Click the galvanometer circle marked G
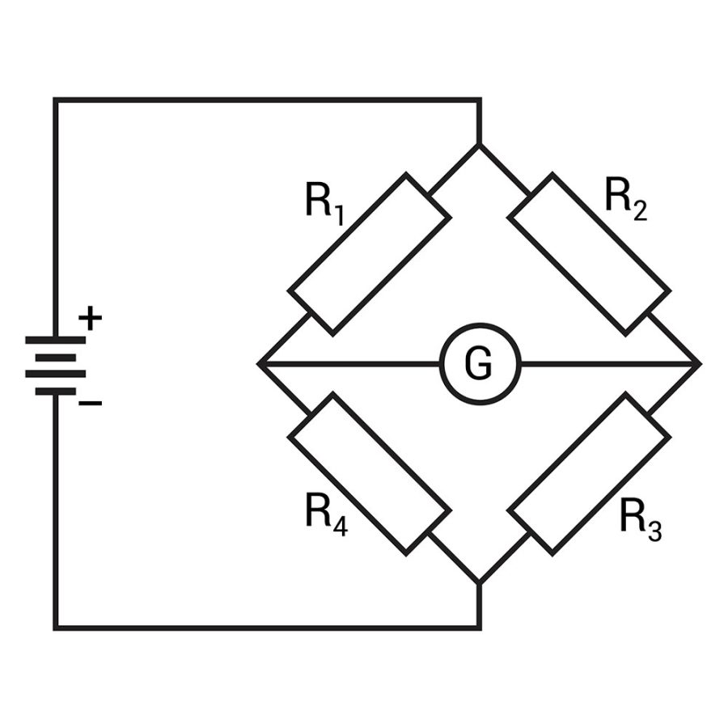pos(480,364)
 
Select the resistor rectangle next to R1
pos(369,253)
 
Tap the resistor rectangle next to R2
pos(590,253)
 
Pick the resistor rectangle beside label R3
pos(590,475)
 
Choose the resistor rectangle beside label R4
pos(369,475)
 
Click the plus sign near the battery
pos(91,319)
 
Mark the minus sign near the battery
pos(91,402)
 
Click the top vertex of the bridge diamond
pos(480,146)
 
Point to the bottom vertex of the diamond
pos(480,582)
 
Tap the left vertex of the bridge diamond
pos(260,364)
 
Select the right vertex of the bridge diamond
pos(699,364)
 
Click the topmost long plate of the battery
pos(55,341)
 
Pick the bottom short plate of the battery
pos(55,391)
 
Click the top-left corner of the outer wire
pos(55,100)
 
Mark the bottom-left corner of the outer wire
pos(55,627)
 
